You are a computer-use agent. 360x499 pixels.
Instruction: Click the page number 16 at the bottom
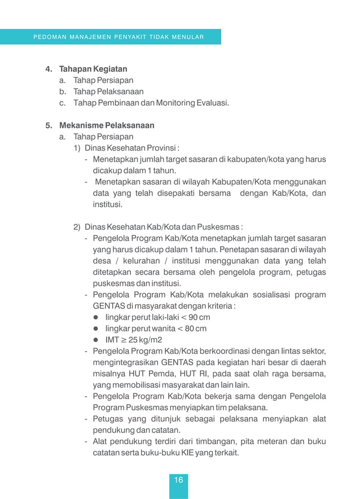[178, 480]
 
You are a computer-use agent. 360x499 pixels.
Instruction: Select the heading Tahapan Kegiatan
[93, 69]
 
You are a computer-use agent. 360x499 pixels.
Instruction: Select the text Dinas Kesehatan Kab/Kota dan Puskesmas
[164, 227]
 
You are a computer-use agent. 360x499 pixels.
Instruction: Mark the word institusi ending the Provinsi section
[107, 204]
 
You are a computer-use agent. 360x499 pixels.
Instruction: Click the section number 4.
[49, 69]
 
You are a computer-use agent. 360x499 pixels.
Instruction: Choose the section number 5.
[49, 125]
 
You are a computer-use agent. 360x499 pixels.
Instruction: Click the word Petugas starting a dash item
[108, 418]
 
